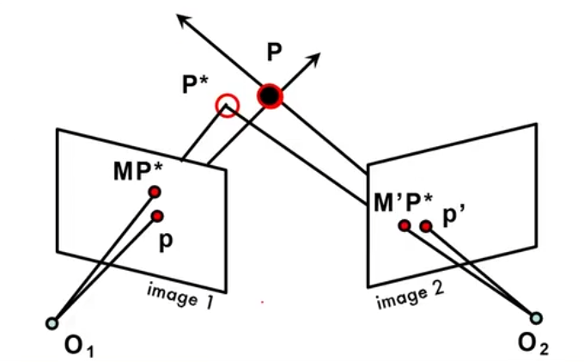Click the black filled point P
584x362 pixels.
271,95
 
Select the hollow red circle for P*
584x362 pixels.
227,107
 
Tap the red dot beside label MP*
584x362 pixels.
155,192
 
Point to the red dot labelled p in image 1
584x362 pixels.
157,216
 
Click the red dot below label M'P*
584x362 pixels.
404,226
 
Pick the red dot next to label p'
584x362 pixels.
425,226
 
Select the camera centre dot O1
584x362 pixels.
52,323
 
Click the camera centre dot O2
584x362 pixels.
537,317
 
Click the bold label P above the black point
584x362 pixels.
274,52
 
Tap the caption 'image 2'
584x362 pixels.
409,297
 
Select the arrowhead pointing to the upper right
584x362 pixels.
315,58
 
